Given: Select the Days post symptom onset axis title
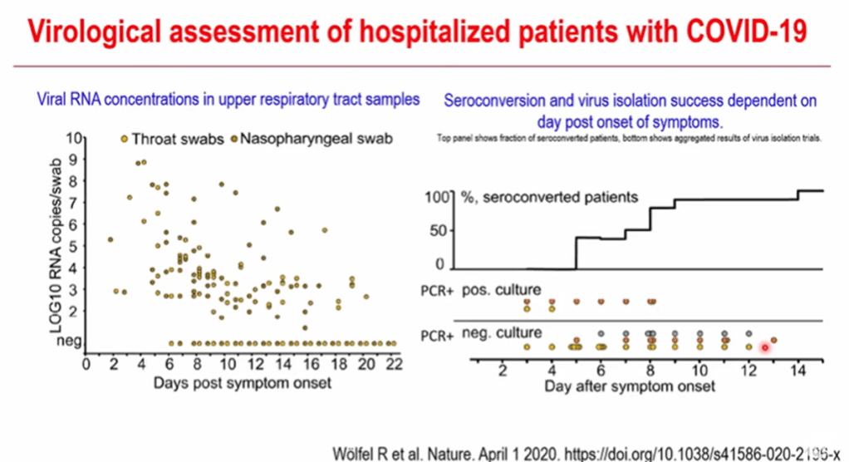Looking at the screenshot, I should point(242,383).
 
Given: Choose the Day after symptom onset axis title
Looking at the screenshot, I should point(630,387).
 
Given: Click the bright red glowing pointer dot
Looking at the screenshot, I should point(765,346).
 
